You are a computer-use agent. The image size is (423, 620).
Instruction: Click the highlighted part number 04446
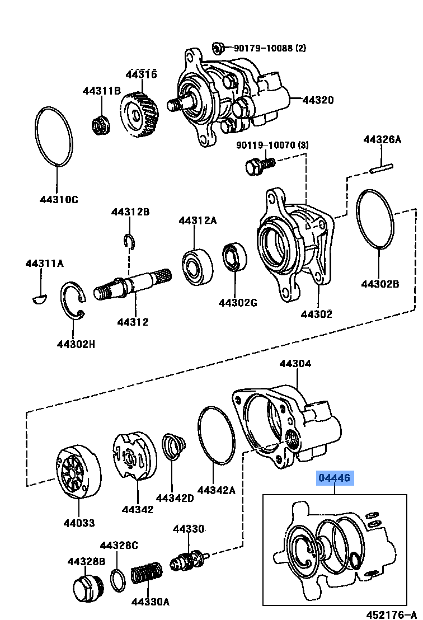point(335,478)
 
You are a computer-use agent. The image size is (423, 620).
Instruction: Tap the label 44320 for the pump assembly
point(318,101)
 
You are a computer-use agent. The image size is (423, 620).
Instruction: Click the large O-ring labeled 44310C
point(54,136)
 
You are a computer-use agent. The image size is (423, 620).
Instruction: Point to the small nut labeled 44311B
point(100,123)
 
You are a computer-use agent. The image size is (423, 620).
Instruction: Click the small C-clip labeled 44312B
point(129,241)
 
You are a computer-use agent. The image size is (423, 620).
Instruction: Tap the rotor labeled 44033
point(78,471)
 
